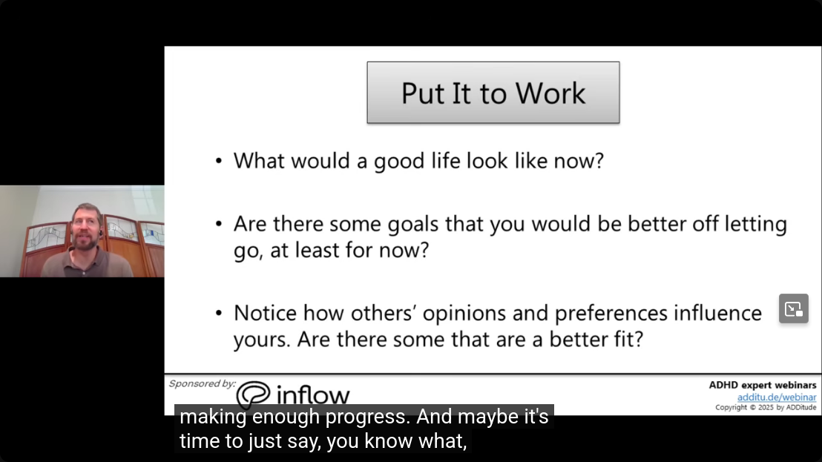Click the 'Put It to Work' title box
click(x=493, y=93)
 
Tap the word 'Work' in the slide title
click(x=550, y=93)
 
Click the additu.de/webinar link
click(x=777, y=397)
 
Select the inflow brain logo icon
click(x=253, y=394)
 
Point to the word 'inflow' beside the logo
click(x=313, y=395)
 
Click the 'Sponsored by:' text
click(x=203, y=384)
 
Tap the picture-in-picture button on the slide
click(x=794, y=308)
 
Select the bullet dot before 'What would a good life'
click(x=219, y=161)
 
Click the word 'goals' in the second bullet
click(x=412, y=225)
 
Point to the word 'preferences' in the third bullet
click(x=611, y=314)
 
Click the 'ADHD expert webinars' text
click(x=762, y=385)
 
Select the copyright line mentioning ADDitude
click(x=766, y=408)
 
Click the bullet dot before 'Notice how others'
click(x=219, y=313)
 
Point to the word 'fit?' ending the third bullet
click(x=628, y=340)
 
